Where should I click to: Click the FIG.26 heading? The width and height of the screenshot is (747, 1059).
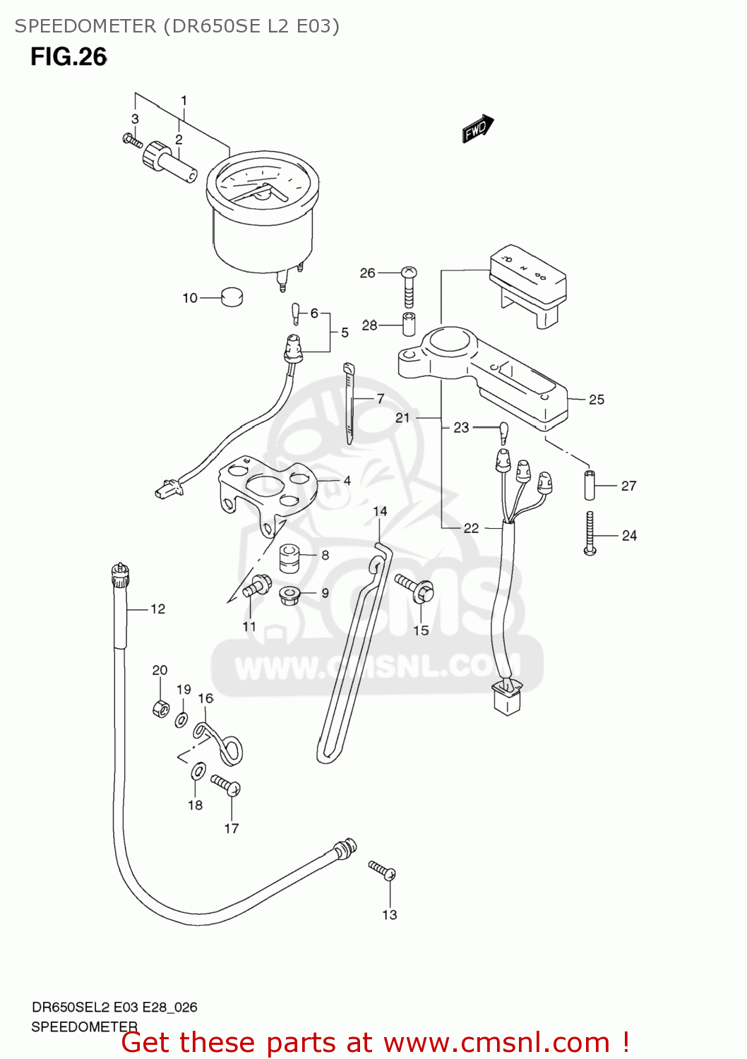coord(68,57)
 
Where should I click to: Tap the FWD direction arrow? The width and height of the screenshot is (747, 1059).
coord(478,128)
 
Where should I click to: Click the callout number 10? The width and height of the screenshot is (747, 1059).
coord(190,298)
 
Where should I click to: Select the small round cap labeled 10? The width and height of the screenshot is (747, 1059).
coord(232,297)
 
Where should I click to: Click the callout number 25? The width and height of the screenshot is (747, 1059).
coord(597,400)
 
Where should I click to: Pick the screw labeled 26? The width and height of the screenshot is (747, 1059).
coord(409,286)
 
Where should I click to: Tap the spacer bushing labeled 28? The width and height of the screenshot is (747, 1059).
coord(409,324)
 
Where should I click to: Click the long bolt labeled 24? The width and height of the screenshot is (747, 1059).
coord(590,533)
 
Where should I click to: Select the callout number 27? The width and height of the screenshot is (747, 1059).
coord(628,486)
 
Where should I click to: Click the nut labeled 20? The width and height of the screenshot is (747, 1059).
coord(161,708)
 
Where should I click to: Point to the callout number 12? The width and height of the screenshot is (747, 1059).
coord(157,609)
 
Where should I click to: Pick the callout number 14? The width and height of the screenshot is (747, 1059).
coord(380,511)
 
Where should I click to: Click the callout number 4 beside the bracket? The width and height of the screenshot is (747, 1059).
coord(347,481)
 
